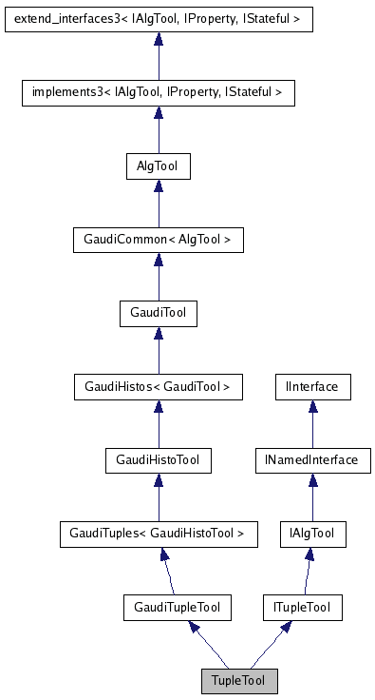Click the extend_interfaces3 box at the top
click(x=158, y=18)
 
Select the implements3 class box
click(x=158, y=92)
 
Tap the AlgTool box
click(x=158, y=166)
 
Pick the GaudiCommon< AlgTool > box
click(x=158, y=241)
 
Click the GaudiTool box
click(x=158, y=314)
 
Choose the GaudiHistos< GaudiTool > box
click(x=158, y=387)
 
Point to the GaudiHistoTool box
click(x=158, y=460)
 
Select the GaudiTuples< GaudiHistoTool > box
click(x=158, y=534)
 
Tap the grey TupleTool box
click(x=239, y=681)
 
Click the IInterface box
click(x=312, y=387)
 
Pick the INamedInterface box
click(x=312, y=460)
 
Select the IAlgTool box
click(x=312, y=534)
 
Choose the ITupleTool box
click(x=301, y=607)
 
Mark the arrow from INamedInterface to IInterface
click(x=312, y=424)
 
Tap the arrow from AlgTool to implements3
click(x=158, y=129)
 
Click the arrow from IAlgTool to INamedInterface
click(x=312, y=497)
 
